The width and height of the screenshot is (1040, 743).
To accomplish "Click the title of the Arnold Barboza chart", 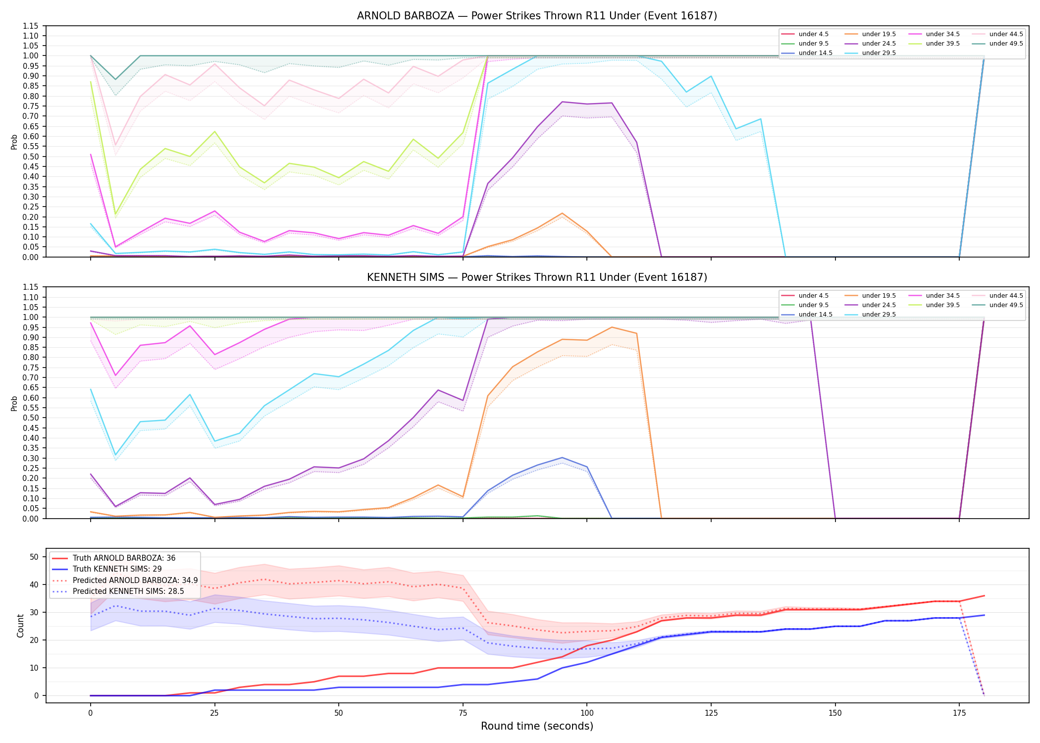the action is [537, 16].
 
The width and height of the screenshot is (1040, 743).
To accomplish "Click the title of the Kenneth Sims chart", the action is [537, 277].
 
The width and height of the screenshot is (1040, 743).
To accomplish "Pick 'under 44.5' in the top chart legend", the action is [1006, 34].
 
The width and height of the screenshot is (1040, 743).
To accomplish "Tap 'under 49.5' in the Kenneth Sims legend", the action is [1006, 305].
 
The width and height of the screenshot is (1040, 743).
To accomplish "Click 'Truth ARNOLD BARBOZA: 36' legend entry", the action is [124, 558].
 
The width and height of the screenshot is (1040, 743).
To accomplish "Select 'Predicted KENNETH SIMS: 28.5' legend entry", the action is [128, 591].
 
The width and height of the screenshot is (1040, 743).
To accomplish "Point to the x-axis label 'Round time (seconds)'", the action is [537, 726].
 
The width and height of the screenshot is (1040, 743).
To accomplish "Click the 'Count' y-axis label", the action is [20, 626].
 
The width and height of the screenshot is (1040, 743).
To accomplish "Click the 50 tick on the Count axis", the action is [34, 557].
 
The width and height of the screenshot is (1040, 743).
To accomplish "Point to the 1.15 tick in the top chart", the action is [31, 26].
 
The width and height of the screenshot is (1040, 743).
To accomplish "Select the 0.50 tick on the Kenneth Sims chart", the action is [31, 418].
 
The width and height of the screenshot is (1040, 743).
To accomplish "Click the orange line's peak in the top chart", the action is [562, 213].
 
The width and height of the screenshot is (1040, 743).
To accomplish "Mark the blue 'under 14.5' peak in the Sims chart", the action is [562, 458].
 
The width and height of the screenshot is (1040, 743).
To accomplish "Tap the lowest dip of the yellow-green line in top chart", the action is [115, 214].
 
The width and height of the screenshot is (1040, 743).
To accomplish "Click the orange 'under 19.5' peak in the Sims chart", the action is [612, 327].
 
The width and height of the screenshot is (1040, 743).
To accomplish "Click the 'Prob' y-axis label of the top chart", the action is [14, 142].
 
